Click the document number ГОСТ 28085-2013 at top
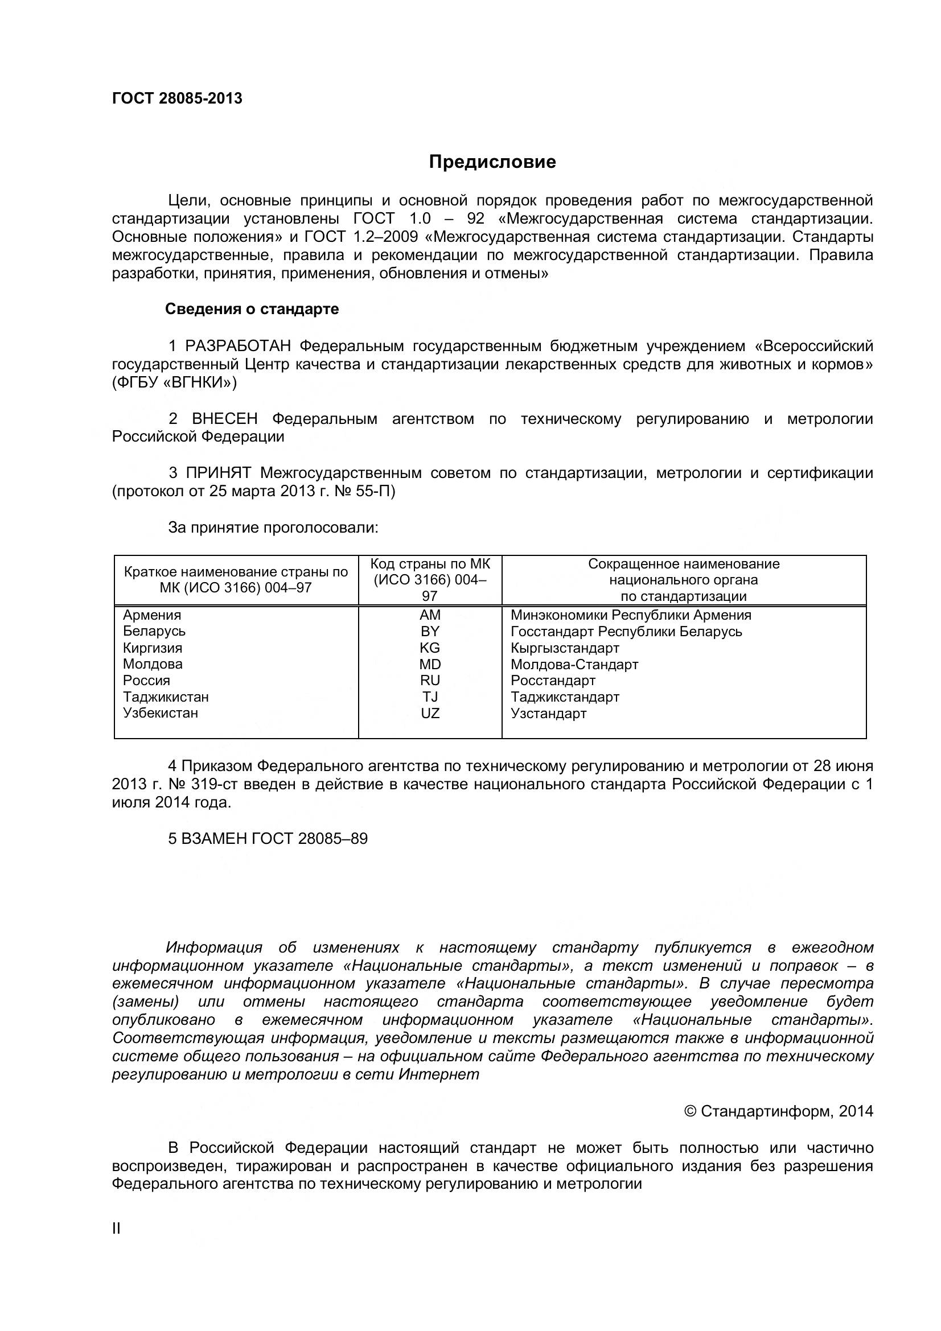pos(177,98)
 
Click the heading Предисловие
pos(492,162)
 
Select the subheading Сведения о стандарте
pos(252,309)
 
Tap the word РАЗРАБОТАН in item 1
pos(238,346)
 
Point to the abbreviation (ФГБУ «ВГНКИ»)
pos(175,382)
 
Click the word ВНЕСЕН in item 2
pos(224,419)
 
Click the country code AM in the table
pos(430,615)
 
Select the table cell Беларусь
pos(154,631)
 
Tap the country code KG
pos(430,648)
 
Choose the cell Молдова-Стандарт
pos(574,664)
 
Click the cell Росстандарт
pos(553,681)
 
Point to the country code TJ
pos(430,697)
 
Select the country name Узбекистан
pos(161,713)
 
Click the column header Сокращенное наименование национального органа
pos(684,580)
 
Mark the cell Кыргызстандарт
pos(565,648)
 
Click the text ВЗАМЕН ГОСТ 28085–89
pos(274,839)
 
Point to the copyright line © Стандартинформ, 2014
pos(778,1111)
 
